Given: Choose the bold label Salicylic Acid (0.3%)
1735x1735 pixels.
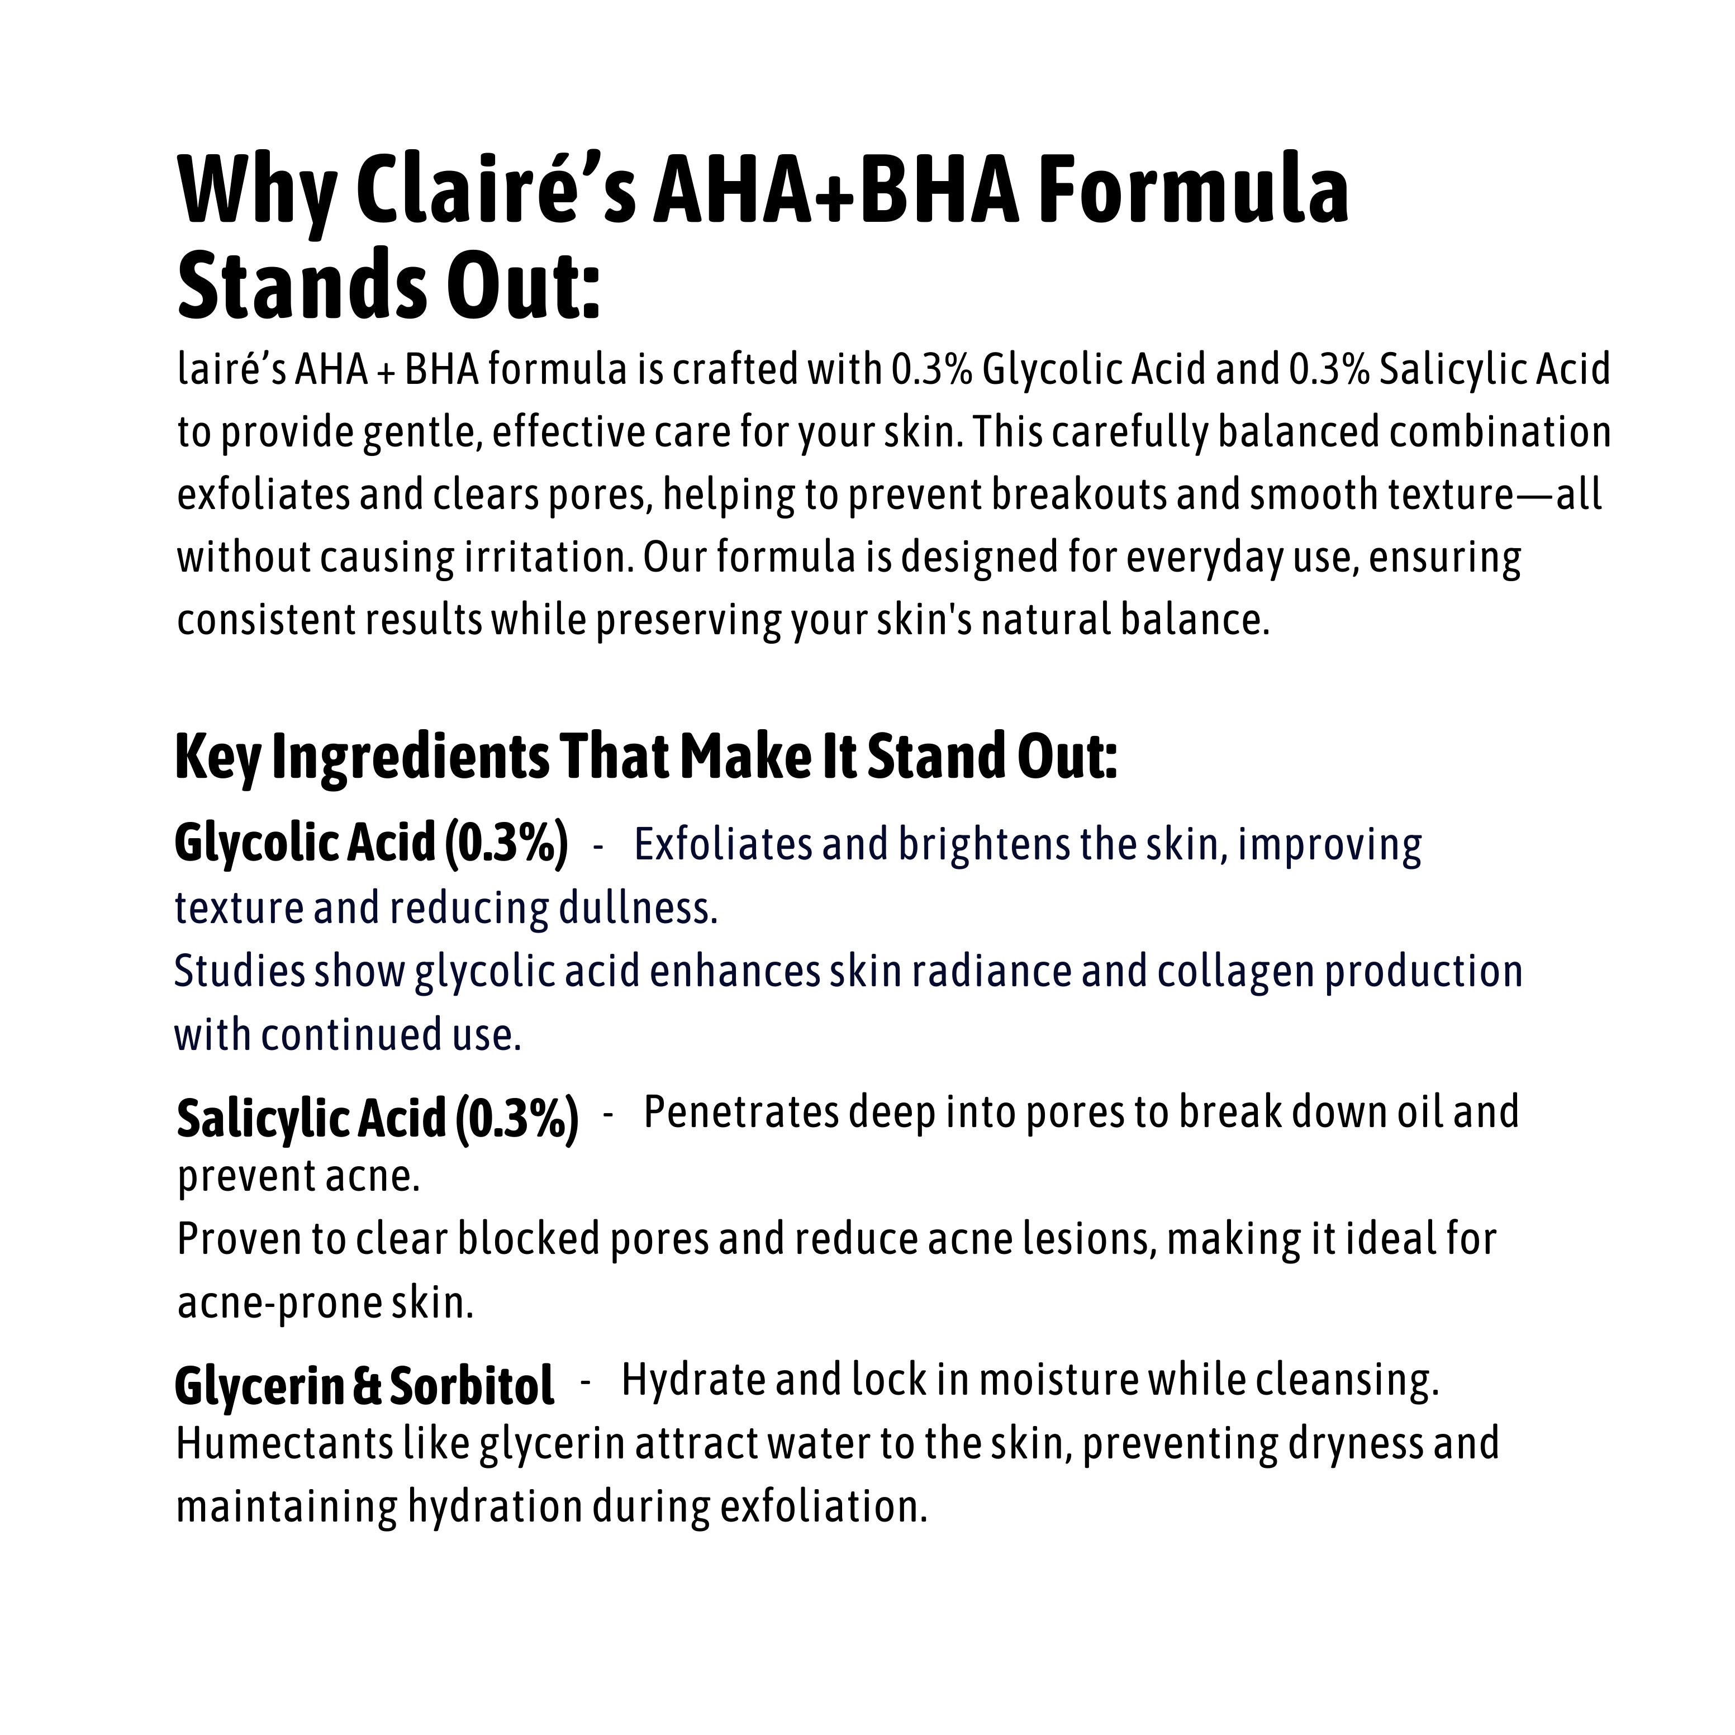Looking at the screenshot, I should tap(377, 1118).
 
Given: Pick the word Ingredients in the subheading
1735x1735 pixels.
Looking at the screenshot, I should tap(410, 757).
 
